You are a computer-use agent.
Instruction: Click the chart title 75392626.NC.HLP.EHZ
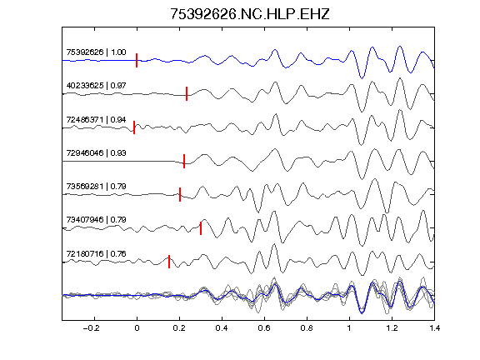[x=249, y=14]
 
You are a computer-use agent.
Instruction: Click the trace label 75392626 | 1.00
[x=96, y=52]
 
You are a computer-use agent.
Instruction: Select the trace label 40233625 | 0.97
[x=96, y=85]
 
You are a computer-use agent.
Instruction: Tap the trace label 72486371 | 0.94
[x=96, y=120]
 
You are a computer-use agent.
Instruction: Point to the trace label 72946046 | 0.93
[x=96, y=153]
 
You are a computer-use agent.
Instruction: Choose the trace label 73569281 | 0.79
[x=96, y=187]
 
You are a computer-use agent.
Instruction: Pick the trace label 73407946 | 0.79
[x=96, y=220]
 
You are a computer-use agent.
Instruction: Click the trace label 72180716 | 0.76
[x=96, y=254]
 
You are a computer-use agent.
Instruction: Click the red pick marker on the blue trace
[x=137, y=60]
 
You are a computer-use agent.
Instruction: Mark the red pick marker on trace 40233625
[x=187, y=93]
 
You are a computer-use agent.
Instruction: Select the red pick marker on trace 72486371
[x=134, y=127]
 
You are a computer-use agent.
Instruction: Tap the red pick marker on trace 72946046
[x=184, y=162]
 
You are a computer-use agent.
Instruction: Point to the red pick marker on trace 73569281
[x=180, y=195]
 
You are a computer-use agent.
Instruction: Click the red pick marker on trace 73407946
[x=201, y=228]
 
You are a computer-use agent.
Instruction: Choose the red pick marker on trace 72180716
[x=169, y=262]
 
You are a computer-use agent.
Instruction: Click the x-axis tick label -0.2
[x=91, y=328]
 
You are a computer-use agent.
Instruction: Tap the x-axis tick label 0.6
[x=264, y=328]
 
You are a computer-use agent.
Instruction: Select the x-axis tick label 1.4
[x=434, y=328]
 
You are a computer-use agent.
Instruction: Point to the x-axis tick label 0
[x=137, y=328]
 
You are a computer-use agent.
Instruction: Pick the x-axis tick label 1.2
[x=392, y=328]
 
